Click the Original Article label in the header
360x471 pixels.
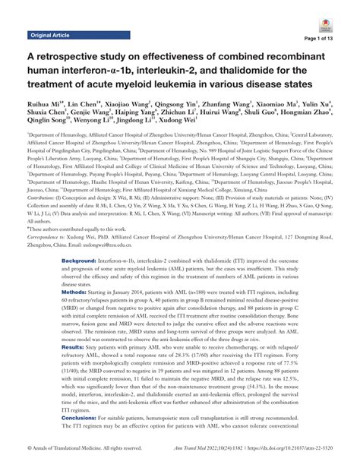click(50, 36)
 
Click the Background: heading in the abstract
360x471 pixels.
click(79, 259)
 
